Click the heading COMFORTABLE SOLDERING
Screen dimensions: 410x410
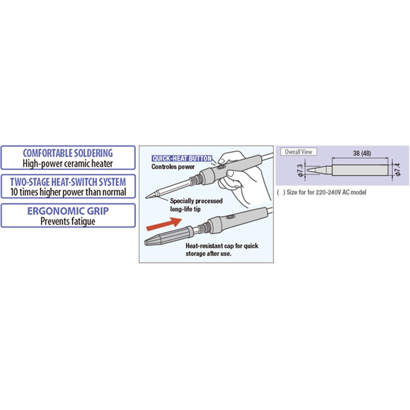point(68,153)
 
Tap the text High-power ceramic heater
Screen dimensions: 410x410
point(68,163)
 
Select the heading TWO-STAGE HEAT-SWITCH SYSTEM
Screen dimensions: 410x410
point(68,182)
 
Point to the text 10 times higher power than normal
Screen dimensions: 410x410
point(68,192)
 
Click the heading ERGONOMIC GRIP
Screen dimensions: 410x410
point(68,211)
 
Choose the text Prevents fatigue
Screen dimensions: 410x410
point(68,221)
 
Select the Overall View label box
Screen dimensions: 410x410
point(298,152)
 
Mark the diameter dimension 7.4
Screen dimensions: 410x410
point(398,169)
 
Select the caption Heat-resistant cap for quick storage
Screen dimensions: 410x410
point(222,250)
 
